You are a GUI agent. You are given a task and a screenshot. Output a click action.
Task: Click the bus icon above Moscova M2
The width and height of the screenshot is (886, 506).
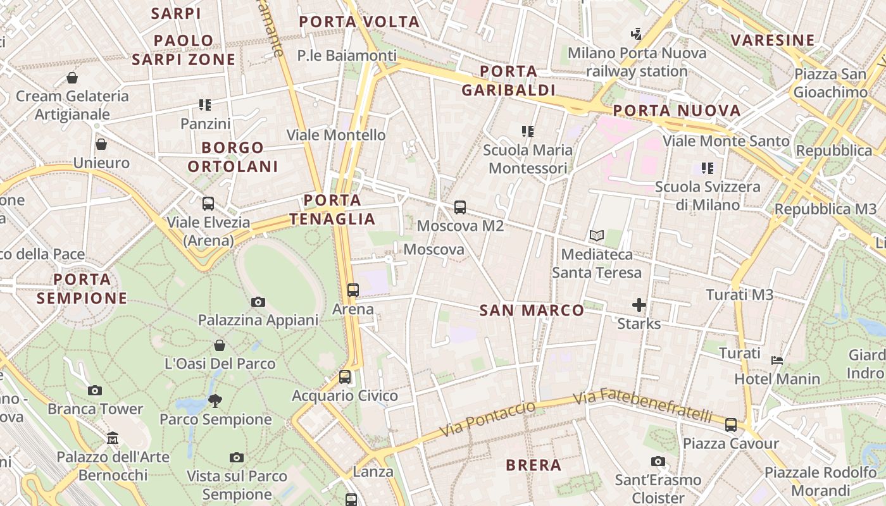coord(460,207)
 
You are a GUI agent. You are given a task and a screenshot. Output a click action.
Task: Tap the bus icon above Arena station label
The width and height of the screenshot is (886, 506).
coord(353,290)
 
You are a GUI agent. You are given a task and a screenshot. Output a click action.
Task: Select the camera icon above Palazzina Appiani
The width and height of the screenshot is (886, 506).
coord(258,302)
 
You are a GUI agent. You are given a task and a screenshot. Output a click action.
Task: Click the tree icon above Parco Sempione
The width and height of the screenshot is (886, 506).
coord(215,400)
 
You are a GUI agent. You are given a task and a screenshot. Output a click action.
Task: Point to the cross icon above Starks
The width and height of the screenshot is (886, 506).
coord(639,305)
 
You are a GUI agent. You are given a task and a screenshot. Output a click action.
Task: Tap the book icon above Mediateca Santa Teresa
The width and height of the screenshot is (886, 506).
coord(596,236)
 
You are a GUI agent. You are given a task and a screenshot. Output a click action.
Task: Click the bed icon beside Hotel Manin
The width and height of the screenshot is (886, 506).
coord(777,361)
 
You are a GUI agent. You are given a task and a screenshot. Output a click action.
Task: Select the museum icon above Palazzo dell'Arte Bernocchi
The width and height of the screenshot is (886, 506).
coord(113,438)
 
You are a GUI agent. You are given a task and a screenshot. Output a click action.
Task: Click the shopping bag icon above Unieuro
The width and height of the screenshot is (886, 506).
coord(101,144)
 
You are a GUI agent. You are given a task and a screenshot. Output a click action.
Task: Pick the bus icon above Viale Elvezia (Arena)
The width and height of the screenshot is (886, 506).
coord(208,204)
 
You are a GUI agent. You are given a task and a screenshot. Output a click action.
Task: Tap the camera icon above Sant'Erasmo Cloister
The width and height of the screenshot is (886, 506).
coord(658,462)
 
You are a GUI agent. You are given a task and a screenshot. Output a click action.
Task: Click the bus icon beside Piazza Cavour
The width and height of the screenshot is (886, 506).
coord(731,425)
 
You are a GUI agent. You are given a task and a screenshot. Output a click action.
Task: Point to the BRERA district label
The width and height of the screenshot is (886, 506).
coord(533,466)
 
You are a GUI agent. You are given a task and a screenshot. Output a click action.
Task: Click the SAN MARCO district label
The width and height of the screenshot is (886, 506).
coord(532,311)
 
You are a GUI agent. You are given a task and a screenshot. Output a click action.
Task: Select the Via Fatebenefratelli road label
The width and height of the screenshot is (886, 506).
coord(643,406)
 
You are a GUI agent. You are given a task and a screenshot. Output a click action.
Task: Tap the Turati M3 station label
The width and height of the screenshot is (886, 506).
coord(739,295)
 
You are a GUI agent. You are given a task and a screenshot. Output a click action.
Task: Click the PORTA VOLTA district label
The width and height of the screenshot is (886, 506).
coord(359,22)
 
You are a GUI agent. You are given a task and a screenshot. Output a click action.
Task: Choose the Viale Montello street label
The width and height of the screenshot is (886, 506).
coord(336,135)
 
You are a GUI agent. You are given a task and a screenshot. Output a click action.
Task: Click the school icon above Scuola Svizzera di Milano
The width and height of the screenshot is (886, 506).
coord(708,168)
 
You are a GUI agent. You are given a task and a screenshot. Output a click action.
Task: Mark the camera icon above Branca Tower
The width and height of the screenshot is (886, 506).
coord(95,390)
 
